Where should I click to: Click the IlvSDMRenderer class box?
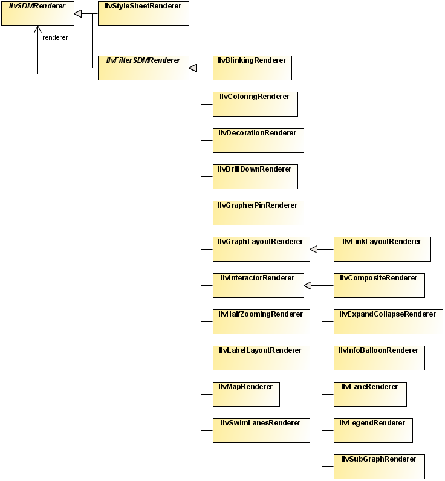(37, 13)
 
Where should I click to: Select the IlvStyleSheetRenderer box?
(143, 13)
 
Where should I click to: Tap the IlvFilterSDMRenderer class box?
(143, 68)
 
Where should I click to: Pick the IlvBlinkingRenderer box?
(252, 68)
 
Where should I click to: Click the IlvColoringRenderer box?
(255, 104)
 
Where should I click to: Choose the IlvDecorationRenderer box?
(258, 140)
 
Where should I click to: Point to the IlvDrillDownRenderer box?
(255, 176)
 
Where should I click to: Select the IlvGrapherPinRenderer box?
(258, 213)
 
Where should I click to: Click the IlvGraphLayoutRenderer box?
(261, 249)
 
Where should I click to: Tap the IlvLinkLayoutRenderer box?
(382, 249)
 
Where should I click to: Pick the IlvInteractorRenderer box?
(258, 285)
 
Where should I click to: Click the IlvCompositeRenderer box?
(379, 285)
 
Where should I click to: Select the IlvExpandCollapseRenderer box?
(388, 321)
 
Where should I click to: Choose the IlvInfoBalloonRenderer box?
(379, 358)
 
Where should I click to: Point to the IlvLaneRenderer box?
(370, 394)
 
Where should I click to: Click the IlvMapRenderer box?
(246, 394)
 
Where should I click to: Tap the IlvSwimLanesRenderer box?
(261, 430)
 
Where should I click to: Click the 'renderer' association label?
(55, 37)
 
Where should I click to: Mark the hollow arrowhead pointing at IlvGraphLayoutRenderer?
(314, 249)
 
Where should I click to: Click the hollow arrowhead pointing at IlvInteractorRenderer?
(308, 285)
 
